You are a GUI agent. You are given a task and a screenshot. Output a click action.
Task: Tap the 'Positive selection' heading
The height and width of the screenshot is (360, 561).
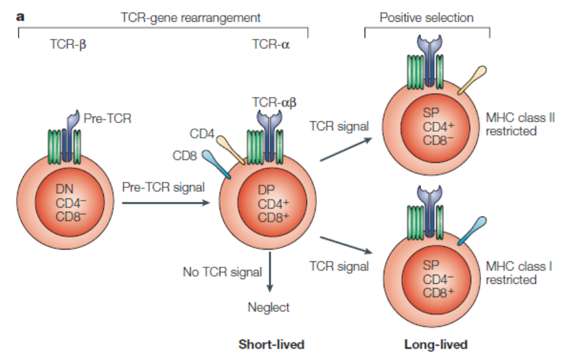coord(426,17)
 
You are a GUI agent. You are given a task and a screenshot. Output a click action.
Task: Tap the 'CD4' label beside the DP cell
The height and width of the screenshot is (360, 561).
coord(202,134)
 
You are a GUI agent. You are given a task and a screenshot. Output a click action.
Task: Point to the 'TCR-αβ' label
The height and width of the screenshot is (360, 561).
coord(274,103)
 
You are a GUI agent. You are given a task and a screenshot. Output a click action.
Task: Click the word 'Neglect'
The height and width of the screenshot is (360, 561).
coord(269,307)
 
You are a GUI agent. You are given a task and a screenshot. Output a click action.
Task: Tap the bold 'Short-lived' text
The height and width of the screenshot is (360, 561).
coord(271,344)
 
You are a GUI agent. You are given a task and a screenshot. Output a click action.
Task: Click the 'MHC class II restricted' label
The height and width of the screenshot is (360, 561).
coord(511,124)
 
